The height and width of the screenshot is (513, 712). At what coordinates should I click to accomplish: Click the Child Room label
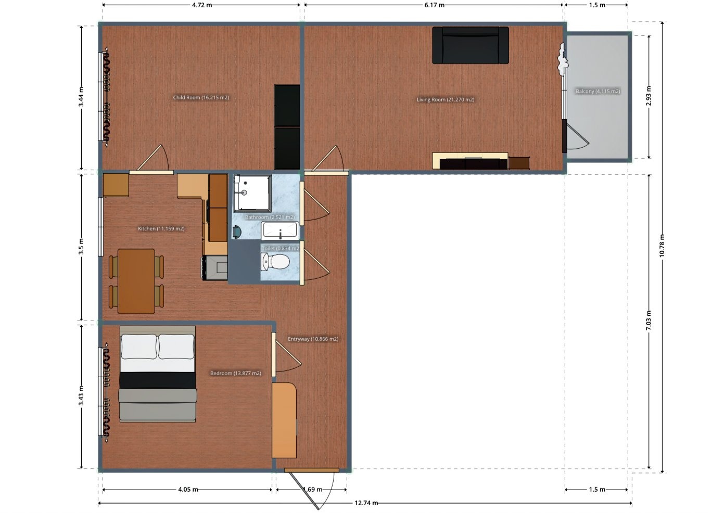[x=201, y=97]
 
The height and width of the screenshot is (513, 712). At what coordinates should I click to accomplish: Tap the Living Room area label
[x=446, y=100]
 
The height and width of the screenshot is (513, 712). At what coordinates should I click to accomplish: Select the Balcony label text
[x=597, y=92]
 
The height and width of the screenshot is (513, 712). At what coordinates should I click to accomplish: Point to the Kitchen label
[x=161, y=229]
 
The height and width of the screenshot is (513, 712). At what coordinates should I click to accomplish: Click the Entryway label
[x=313, y=339]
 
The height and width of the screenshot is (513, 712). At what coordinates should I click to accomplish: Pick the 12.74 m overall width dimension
[x=366, y=503]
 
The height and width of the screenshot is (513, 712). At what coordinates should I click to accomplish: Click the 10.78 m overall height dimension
[x=662, y=246]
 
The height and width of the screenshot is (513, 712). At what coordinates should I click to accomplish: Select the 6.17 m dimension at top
[x=435, y=5]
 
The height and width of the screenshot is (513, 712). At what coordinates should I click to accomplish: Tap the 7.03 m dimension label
[x=649, y=320]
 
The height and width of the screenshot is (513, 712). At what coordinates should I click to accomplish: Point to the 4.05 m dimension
[x=188, y=490]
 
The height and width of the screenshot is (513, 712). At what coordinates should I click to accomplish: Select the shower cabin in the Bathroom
[x=252, y=193]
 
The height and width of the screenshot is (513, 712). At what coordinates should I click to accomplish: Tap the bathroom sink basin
[x=280, y=230]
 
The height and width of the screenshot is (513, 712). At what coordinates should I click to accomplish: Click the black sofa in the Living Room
[x=471, y=45]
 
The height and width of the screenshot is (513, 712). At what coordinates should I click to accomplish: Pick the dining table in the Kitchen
[x=136, y=281]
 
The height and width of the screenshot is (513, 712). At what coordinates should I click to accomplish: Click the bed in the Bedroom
[x=158, y=374]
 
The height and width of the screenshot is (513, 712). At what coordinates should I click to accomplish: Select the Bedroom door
[x=286, y=355]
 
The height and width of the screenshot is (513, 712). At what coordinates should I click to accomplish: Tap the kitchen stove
[x=215, y=268]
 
